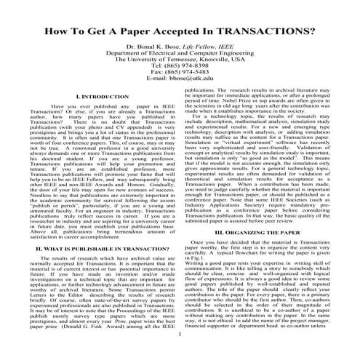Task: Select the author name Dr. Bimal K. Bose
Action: (x=153, y=65)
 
